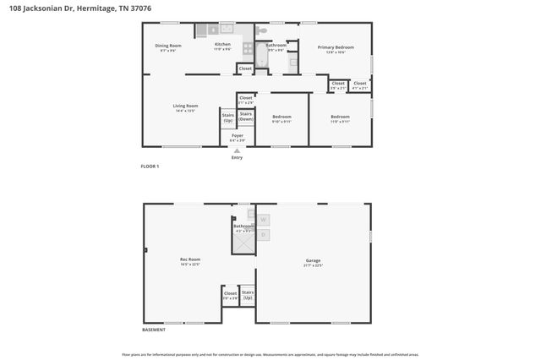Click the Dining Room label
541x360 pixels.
point(168,47)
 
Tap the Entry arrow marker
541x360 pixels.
point(237,150)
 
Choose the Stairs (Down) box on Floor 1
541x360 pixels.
point(246,118)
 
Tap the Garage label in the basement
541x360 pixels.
point(313,262)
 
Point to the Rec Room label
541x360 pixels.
point(189,262)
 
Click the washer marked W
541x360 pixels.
point(263,220)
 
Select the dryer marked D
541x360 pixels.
point(263,234)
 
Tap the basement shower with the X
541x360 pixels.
point(243,243)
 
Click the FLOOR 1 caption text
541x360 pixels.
point(150,166)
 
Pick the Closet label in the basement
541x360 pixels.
point(230,295)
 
